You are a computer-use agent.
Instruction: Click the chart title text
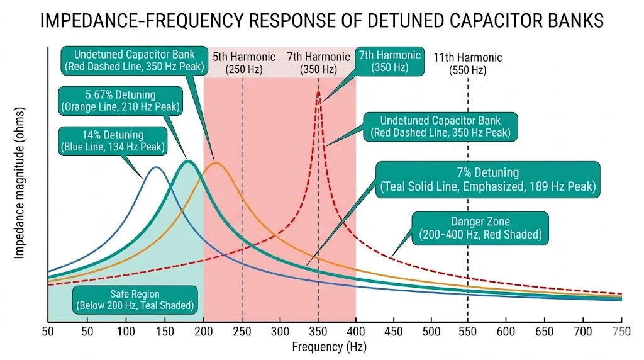(321, 20)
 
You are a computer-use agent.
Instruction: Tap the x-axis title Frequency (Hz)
(329, 346)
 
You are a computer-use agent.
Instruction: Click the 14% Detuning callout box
(113, 141)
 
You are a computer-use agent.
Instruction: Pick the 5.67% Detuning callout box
(119, 101)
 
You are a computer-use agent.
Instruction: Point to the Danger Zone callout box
(480, 228)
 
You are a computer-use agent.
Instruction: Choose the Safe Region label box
(135, 300)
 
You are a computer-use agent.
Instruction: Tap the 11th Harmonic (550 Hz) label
(467, 64)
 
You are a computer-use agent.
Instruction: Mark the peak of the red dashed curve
(318, 93)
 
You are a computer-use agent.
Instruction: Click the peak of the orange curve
(216, 163)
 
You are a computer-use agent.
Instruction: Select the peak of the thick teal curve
(187, 162)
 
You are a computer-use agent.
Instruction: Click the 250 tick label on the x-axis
(242, 332)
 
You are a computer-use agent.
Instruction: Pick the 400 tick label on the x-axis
(356, 332)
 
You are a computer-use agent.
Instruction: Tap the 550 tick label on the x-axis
(468, 332)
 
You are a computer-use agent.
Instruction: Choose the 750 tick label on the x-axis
(621, 332)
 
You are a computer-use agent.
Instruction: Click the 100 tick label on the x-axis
(126, 332)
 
